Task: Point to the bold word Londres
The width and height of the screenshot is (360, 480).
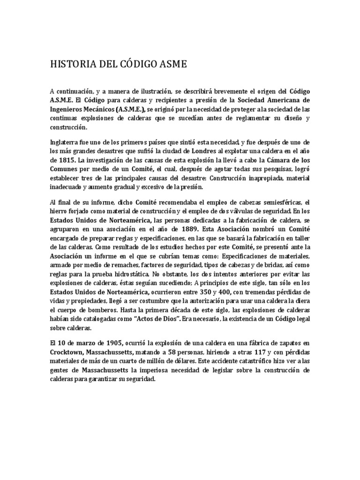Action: point(202,151)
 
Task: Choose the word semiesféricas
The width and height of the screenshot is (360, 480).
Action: point(273,202)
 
